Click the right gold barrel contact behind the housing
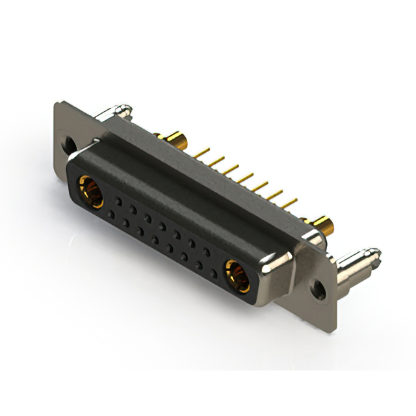tap(324, 224)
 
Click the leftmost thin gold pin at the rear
tap(203, 151)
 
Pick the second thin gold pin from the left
tap(218, 160)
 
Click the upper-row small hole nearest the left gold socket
tap(118, 201)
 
